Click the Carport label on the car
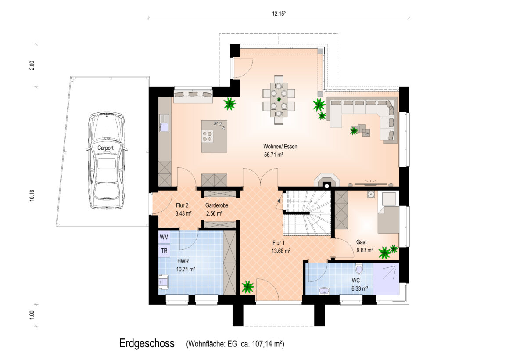[x=105, y=148]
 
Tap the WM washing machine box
[x=164, y=237]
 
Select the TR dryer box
[x=164, y=251]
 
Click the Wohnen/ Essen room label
[x=280, y=147]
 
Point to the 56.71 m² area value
[x=274, y=155]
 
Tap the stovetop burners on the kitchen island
[x=208, y=136]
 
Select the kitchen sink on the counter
[x=164, y=123]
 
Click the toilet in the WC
[x=359, y=269]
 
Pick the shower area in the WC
[x=386, y=278]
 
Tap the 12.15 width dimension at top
[x=279, y=14]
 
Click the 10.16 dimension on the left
[x=32, y=195]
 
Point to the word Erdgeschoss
[x=147, y=343]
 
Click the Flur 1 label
[x=279, y=243]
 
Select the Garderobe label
[x=216, y=205]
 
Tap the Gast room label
[x=361, y=242]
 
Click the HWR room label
[x=183, y=261]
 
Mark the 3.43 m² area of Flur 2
[x=183, y=213]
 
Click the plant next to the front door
[x=247, y=287]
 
